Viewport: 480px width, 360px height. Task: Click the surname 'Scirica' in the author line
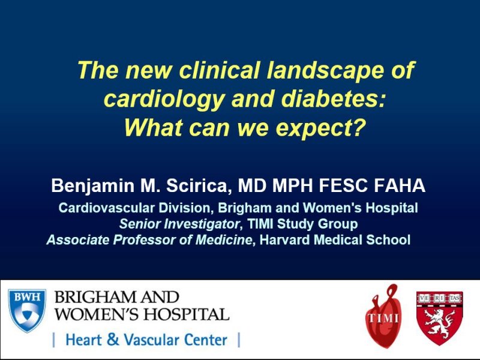tap(199, 186)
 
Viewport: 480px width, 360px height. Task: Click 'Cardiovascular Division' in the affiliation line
tap(136, 209)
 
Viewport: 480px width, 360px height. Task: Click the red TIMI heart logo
tap(382, 316)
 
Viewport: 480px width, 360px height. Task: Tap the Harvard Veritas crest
tap(440, 318)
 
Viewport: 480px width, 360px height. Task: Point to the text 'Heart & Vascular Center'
tap(146, 340)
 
